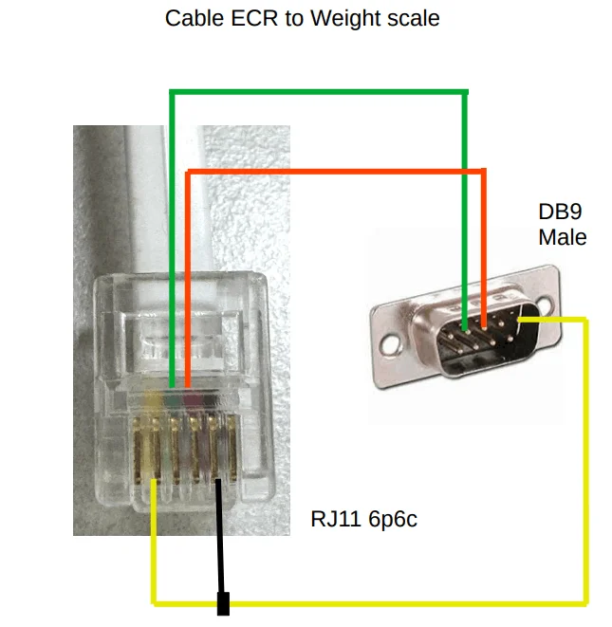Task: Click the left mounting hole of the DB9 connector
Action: [390, 337]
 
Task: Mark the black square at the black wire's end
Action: [224, 603]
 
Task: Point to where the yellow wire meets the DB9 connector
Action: [521, 321]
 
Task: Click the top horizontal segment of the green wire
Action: [318, 92]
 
